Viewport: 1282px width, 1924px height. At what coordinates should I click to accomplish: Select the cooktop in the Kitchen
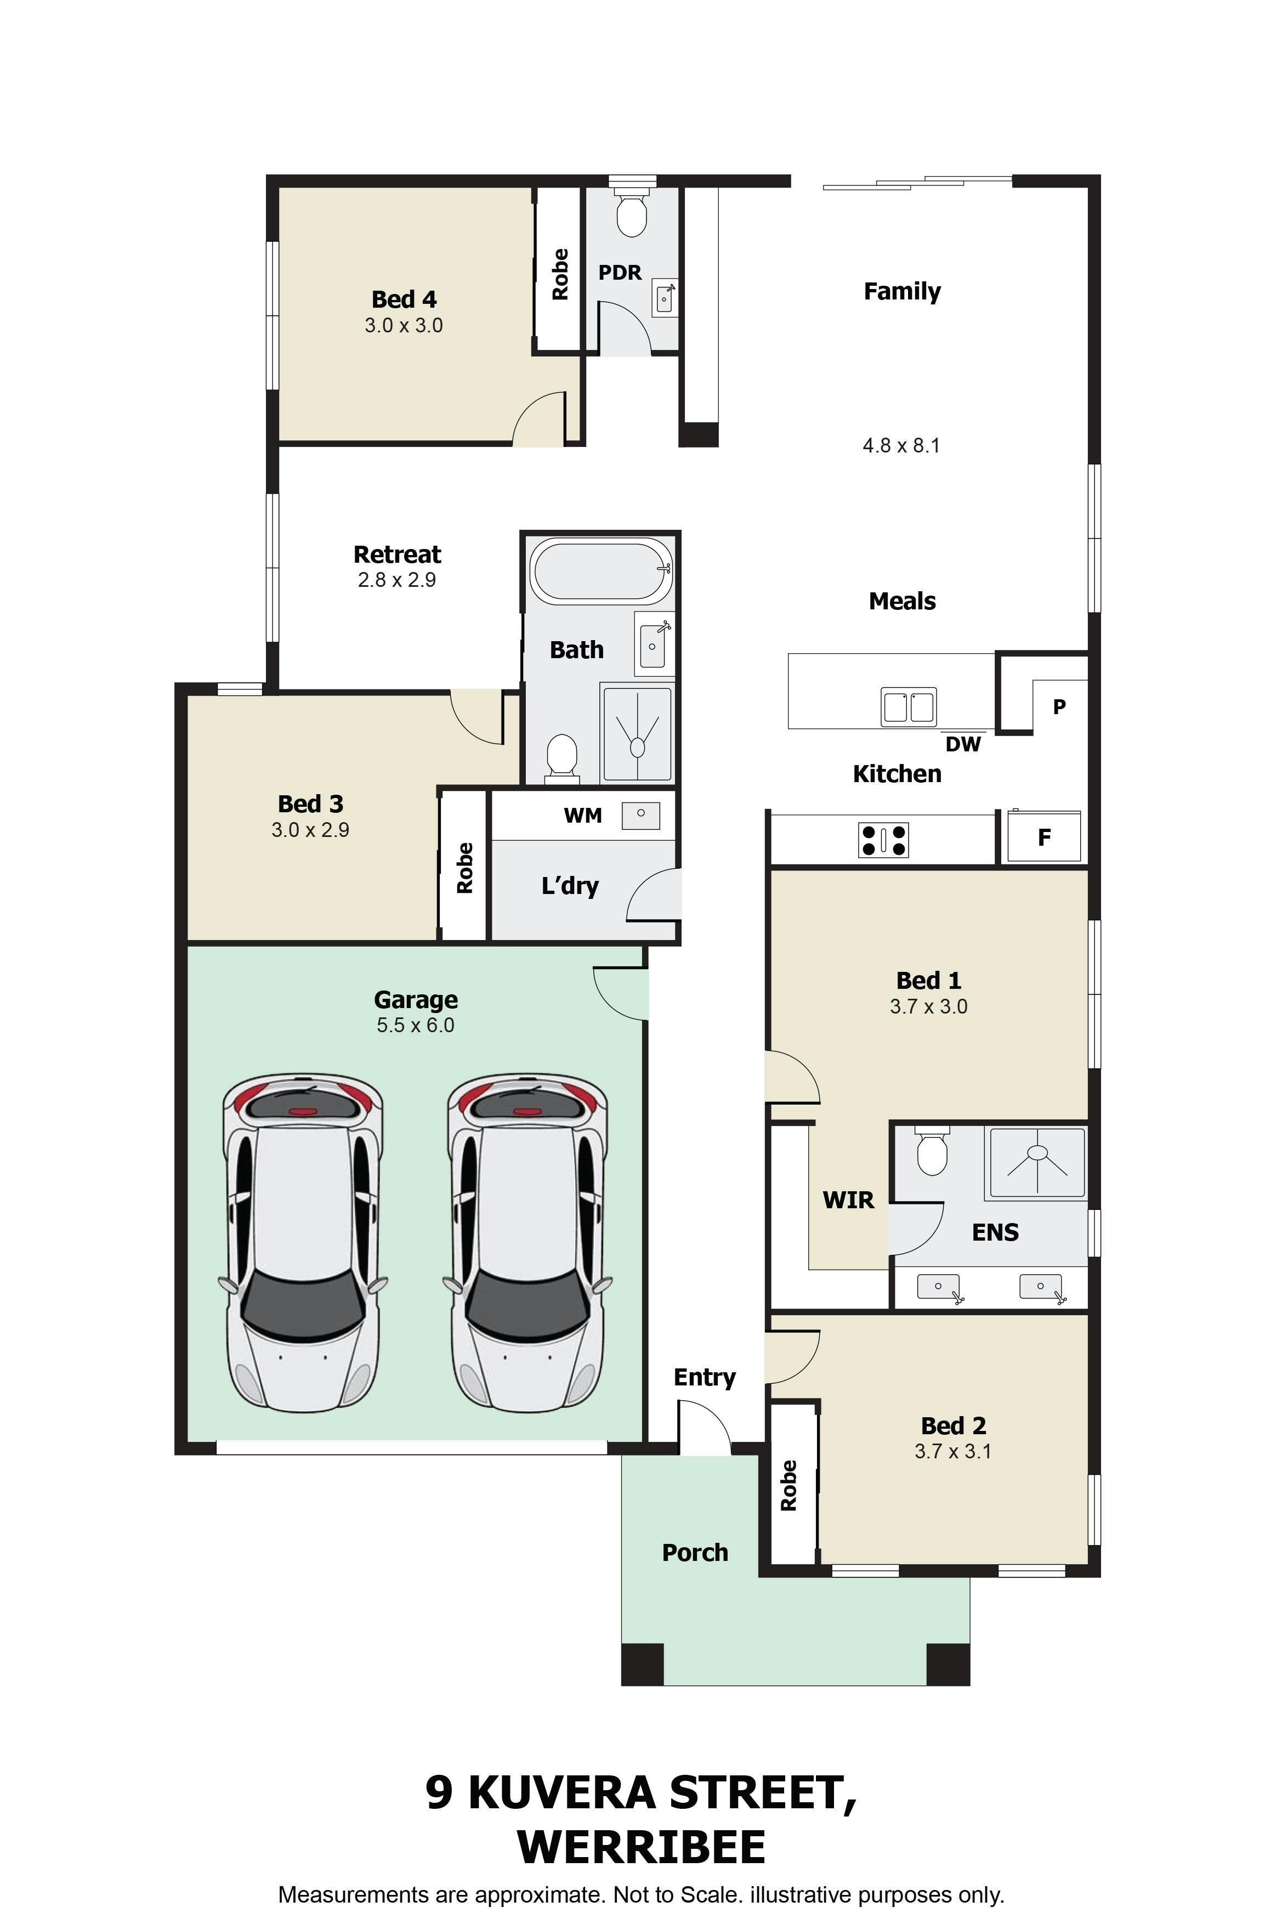click(883, 839)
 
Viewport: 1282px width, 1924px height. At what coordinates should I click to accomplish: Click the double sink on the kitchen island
click(909, 706)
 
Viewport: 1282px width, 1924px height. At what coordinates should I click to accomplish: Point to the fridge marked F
click(1044, 836)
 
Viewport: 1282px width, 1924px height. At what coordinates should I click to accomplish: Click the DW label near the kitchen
click(962, 744)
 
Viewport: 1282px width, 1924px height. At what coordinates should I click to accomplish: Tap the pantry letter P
click(1059, 706)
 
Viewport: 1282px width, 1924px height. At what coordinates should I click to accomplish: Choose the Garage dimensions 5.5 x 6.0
click(415, 1026)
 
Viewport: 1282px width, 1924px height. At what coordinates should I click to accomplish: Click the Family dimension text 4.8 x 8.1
click(901, 446)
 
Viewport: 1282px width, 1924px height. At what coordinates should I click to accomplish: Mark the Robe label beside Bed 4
click(560, 274)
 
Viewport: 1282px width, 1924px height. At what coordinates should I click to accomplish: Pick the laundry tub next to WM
click(641, 815)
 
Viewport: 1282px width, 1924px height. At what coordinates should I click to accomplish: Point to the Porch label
click(695, 1552)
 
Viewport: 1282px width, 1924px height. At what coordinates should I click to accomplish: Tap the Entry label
click(704, 1378)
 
